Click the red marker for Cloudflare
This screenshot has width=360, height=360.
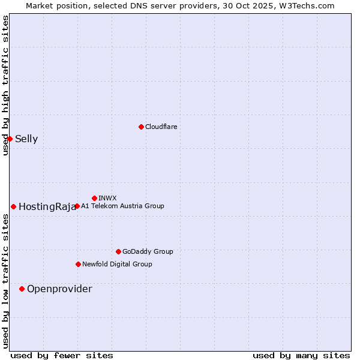click(141, 127)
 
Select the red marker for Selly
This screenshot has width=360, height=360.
click(10, 139)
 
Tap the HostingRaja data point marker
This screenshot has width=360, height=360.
click(13, 206)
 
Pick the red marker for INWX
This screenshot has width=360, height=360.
click(94, 198)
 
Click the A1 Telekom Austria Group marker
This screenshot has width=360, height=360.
click(77, 206)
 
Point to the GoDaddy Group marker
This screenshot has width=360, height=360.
click(118, 251)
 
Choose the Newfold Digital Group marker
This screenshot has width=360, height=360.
click(78, 264)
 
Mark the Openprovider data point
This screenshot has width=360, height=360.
click(22, 289)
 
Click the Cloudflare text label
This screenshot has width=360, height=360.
click(161, 127)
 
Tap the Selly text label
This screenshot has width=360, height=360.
click(26, 139)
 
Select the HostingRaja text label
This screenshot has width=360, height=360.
click(47, 207)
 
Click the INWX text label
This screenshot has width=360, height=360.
click(107, 198)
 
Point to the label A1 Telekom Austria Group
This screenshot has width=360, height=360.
click(122, 206)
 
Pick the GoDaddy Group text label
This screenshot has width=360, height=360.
click(148, 251)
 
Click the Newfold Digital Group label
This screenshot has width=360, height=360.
click(117, 264)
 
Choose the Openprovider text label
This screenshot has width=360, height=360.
click(59, 289)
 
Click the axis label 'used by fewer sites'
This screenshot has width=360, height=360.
click(62, 355)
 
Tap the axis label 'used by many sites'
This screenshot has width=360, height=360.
click(301, 355)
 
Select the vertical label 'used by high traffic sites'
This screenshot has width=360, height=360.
click(5, 85)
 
